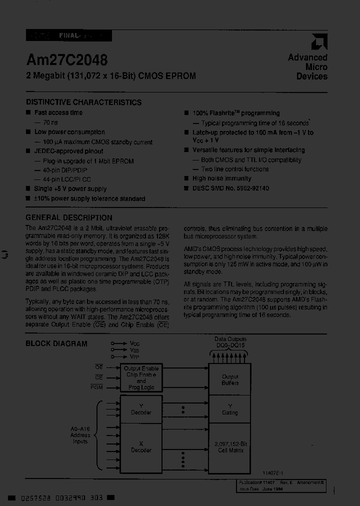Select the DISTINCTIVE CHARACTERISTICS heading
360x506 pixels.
click(83, 102)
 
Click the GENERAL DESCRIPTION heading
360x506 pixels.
click(68, 217)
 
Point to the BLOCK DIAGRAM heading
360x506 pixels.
click(56, 343)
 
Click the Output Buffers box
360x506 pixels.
click(230, 379)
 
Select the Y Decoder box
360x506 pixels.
click(141, 409)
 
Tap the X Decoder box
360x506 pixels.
click(141, 446)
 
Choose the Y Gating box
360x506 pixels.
click(230, 409)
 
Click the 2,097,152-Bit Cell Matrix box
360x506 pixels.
click(230, 447)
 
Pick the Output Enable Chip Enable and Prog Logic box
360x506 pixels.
click(141, 378)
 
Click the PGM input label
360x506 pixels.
click(96, 387)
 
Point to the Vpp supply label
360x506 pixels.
click(134, 357)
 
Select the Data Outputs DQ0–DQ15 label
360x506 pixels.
click(230, 342)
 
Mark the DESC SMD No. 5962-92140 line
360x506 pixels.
click(230, 188)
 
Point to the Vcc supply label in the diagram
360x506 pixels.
click(134, 344)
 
